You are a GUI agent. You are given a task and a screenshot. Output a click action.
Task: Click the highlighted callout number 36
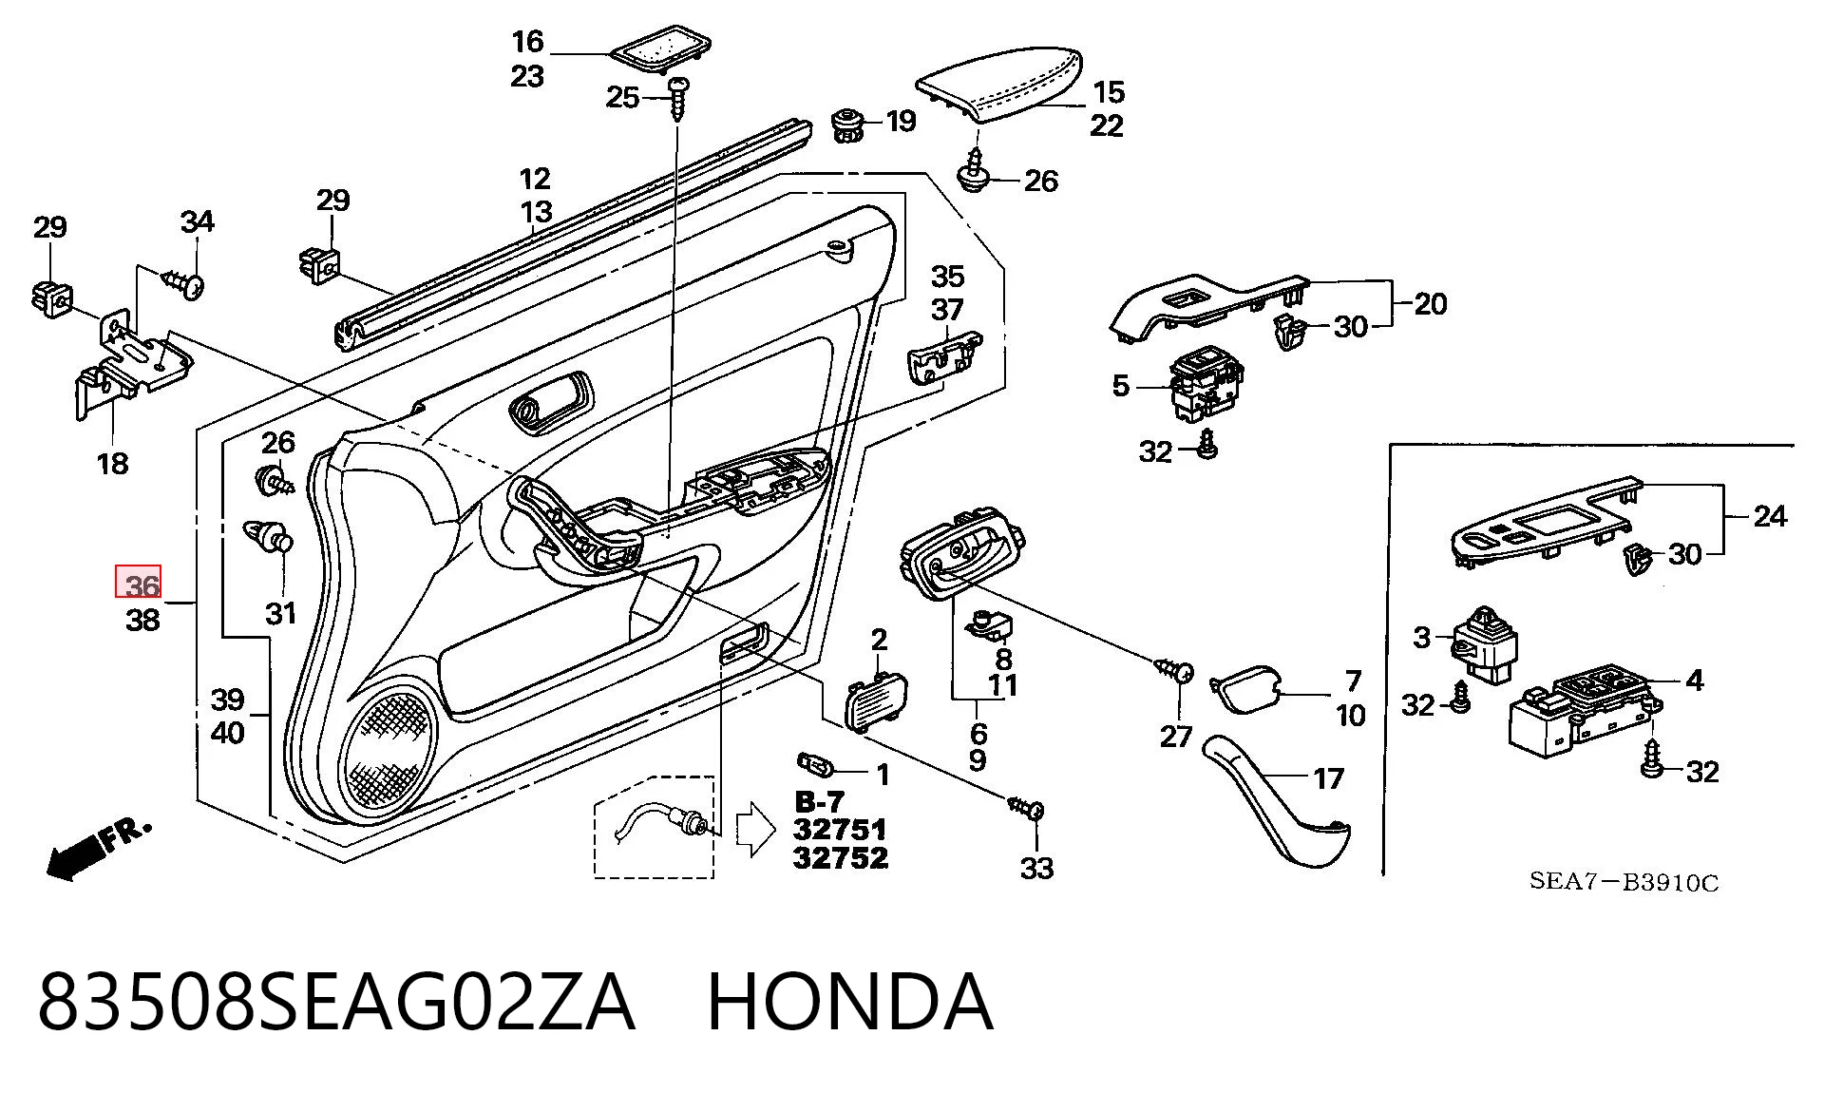pyautogui.click(x=139, y=582)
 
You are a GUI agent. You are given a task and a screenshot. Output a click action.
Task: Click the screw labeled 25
pyautogui.click(x=678, y=99)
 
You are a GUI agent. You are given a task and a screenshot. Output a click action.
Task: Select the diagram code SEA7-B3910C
pyautogui.click(x=1624, y=882)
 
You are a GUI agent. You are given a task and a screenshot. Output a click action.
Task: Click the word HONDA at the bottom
pyautogui.click(x=850, y=1001)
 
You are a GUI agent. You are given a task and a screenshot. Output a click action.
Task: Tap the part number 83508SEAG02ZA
pyautogui.click(x=335, y=1001)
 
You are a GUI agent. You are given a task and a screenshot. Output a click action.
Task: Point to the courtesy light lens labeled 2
pyautogui.click(x=875, y=700)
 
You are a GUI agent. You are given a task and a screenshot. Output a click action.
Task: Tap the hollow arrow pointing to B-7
pyautogui.click(x=756, y=829)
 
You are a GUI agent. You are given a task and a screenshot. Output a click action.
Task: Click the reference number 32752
pyautogui.click(x=841, y=858)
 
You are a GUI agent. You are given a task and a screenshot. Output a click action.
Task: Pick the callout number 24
pyautogui.click(x=1770, y=517)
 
